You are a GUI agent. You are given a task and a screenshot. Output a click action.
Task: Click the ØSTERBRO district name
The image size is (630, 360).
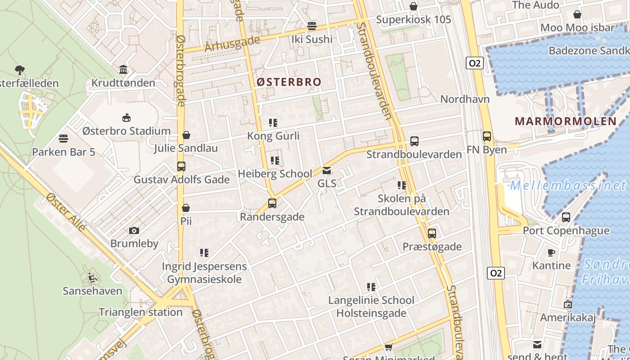(x=289, y=82)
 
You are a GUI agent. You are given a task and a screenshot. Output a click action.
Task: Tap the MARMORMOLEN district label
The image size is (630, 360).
(x=566, y=121)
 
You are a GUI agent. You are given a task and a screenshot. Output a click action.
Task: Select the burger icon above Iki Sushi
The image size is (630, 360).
(x=311, y=26)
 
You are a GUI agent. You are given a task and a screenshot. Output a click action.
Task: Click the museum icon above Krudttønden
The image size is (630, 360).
(x=123, y=70)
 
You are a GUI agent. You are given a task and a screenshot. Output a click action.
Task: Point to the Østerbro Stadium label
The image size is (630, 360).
(x=126, y=131)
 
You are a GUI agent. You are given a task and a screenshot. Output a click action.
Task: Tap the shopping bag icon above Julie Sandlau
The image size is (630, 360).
(x=186, y=135)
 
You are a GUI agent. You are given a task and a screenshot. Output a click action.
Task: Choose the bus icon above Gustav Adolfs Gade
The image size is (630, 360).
(x=181, y=166)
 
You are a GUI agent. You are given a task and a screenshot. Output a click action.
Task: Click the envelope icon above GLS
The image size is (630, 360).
(x=327, y=171)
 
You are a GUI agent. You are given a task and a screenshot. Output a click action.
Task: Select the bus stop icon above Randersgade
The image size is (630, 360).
(x=272, y=203)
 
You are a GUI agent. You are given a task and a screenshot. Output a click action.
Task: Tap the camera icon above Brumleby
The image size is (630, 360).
(x=134, y=231)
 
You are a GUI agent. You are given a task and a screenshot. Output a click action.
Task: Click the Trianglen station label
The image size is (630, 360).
(x=140, y=312)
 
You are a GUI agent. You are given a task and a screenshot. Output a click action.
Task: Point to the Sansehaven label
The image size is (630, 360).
(x=92, y=291)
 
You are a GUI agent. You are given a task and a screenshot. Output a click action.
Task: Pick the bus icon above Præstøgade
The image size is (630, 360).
(x=432, y=234)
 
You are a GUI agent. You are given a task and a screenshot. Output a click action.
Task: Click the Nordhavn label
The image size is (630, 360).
(x=465, y=99)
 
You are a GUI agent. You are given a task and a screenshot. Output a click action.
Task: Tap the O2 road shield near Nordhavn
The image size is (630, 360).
(x=475, y=63)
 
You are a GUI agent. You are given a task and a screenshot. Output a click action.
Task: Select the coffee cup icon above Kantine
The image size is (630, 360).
(x=551, y=252)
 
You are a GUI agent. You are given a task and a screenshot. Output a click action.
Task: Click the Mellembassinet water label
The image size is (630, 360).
(x=568, y=185)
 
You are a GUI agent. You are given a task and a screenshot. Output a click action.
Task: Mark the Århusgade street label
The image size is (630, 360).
(x=232, y=44)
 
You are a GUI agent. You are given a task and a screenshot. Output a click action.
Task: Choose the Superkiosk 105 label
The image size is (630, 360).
(x=413, y=20)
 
